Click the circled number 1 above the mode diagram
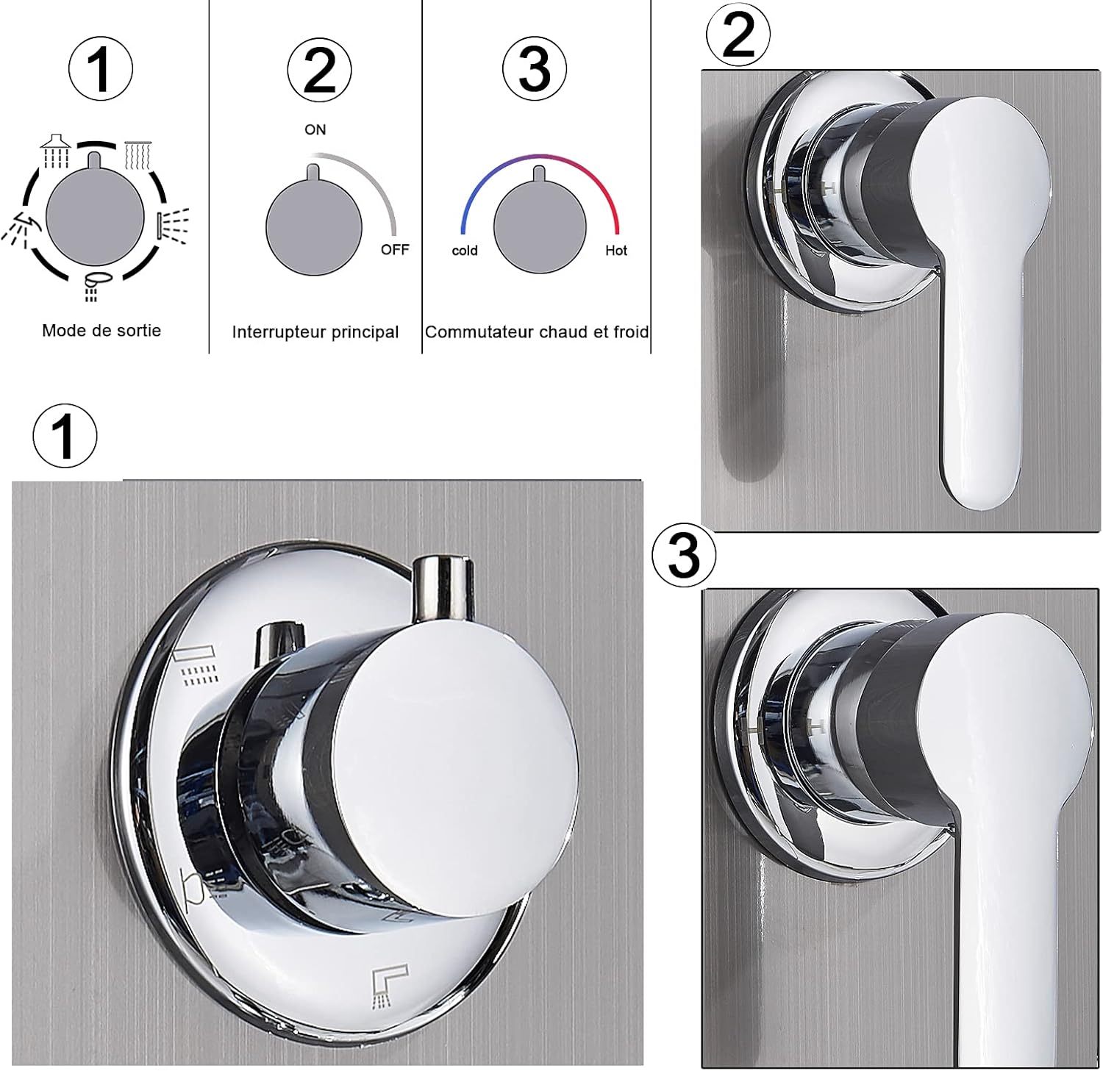coord(101,69)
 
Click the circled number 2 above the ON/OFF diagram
coord(319,71)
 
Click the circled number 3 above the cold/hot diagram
coord(535,70)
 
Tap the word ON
coord(315,129)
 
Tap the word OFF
coord(395,250)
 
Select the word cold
coord(465,251)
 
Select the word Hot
coord(616,251)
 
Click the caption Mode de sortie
coord(101,330)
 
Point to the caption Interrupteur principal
coord(315,332)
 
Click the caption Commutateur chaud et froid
coord(537,332)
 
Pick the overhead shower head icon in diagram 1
coord(56,151)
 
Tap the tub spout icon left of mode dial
coord(18,228)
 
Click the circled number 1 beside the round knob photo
coord(65,435)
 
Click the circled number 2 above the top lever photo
coord(738,35)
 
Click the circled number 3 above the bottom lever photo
coord(684,554)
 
